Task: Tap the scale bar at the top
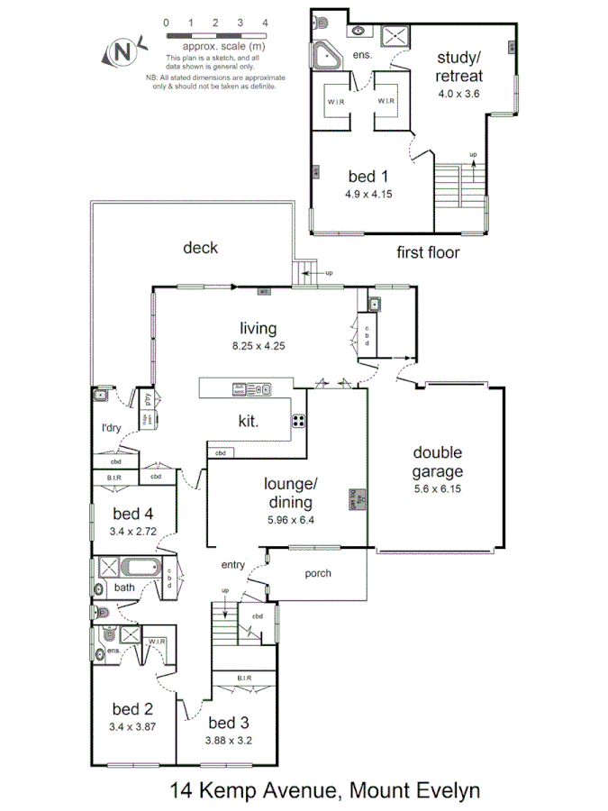(215, 34)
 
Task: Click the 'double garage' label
(438, 461)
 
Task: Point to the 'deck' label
(200, 248)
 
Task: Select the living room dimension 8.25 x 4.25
(258, 345)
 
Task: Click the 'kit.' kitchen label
(250, 420)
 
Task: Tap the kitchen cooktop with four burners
(299, 420)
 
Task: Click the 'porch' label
(317, 572)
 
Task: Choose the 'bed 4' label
(132, 514)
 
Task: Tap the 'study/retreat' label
(458, 66)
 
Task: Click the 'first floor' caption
(428, 252)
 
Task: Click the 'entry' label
(233, 565)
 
